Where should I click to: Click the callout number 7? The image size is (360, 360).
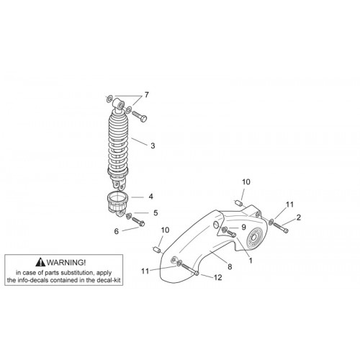tap(146, 95)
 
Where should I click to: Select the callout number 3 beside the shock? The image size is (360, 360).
tap(153, 145)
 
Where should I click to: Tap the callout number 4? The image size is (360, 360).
tap(150, 197)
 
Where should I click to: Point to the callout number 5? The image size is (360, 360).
tap(156, 212)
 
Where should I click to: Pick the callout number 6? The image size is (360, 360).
tap(117, 231)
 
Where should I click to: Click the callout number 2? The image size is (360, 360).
tap(298, 217)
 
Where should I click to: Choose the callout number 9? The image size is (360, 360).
tap(243, 227)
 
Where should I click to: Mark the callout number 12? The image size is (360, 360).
tap(217, 277)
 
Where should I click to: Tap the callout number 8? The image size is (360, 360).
tap(230, 266)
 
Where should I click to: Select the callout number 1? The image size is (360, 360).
tap(251, 261)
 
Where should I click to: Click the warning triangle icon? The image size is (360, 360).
tap(40, 262)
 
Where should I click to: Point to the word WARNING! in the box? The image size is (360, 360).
tap(66, 262)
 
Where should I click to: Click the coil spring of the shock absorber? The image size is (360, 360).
tap(117, 143)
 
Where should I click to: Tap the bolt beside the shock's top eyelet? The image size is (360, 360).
tap(139, 117)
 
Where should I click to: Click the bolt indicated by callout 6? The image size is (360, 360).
tap(138, 221)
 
